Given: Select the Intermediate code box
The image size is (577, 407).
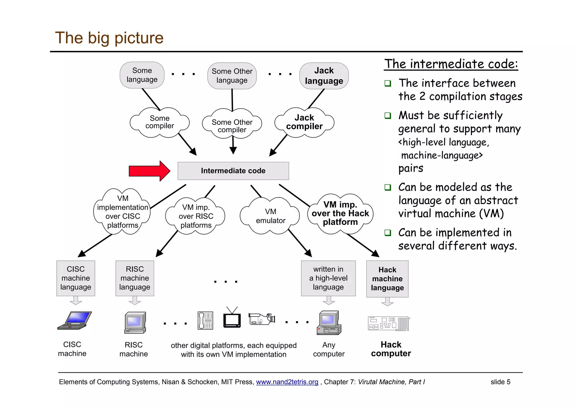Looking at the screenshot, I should [233, 171].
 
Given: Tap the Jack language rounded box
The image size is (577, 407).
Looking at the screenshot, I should [324, 76].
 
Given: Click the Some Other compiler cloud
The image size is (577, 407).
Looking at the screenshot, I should [232, 125].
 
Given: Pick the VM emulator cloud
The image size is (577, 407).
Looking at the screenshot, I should [270, 216].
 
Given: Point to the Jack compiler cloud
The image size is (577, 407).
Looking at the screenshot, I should [304, 122].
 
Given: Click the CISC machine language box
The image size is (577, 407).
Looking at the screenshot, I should [76, 278].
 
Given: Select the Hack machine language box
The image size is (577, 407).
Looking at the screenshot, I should [387, 279].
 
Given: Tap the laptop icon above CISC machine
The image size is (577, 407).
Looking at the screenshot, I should [75, 320].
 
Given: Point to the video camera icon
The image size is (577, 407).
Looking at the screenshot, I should [262, 319].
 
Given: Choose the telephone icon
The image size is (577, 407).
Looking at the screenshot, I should [205, 320].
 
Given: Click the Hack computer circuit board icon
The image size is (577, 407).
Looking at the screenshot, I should [389, 323].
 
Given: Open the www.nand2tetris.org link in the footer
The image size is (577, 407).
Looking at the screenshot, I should [287, 382].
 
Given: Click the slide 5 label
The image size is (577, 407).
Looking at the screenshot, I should [500, 382].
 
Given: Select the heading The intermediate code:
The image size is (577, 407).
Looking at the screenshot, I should [451, 64].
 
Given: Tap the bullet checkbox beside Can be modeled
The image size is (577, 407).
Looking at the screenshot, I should [388, 187].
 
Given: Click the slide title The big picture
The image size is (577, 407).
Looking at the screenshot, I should [109, 38].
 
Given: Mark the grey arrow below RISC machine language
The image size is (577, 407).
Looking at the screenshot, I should [135, 300].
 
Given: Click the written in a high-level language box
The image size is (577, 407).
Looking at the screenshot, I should [328, 278].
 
